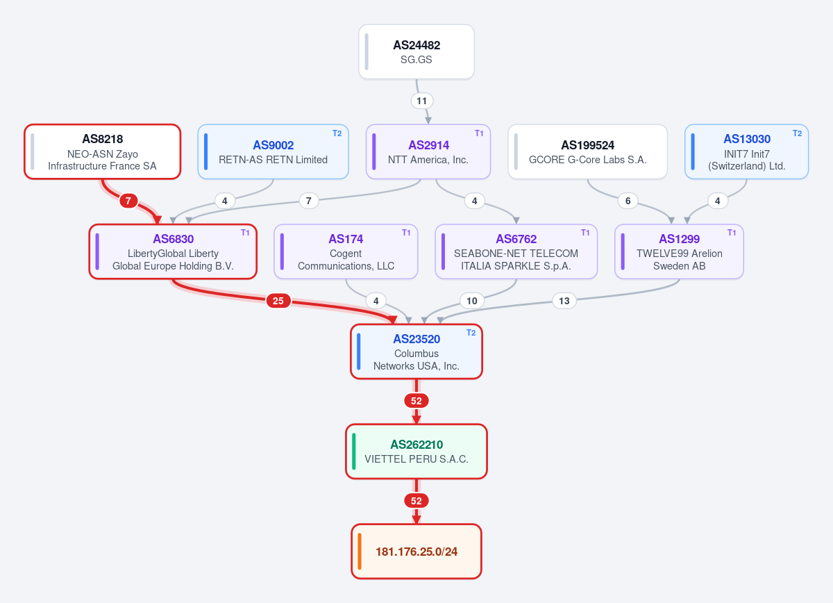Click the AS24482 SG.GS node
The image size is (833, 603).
coord(416,51)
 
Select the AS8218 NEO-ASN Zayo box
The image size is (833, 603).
coord(103,152)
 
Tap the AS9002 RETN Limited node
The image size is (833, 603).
coord(273,152)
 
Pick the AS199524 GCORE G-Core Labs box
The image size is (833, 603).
coord(587,152)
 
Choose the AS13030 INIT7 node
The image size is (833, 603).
coord(746,152)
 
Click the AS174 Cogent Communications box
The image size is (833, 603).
coord(346,251)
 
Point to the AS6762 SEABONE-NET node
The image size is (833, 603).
coord(516,251)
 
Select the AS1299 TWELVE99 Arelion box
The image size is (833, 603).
coord(679,251)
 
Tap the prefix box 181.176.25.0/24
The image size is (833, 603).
coord(416,552)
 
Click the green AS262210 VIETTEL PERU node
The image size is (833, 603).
coord(416,452)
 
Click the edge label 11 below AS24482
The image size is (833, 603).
coord(422,101)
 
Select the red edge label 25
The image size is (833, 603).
coord(278,301)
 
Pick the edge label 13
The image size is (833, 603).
coord(564,301)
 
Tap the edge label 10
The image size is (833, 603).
coord(472,301)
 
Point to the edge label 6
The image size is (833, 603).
coord(628,201)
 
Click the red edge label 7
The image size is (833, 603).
coord(128,201)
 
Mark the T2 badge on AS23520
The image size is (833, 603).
coord(471,333)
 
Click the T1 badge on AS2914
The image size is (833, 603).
coord(479,133)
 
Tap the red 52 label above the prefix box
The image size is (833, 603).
coord(416,501)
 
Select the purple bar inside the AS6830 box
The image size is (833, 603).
coord(97,251)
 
